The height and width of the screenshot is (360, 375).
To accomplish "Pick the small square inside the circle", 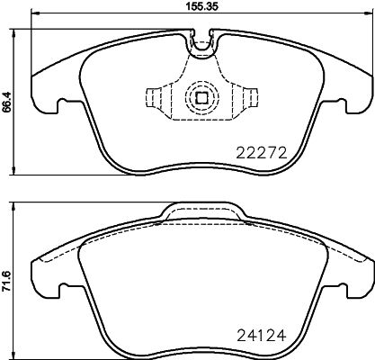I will pos(202,100).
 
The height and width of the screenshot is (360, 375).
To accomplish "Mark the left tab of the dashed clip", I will pos(155,97).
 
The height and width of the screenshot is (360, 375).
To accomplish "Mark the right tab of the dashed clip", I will pos(249,97).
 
